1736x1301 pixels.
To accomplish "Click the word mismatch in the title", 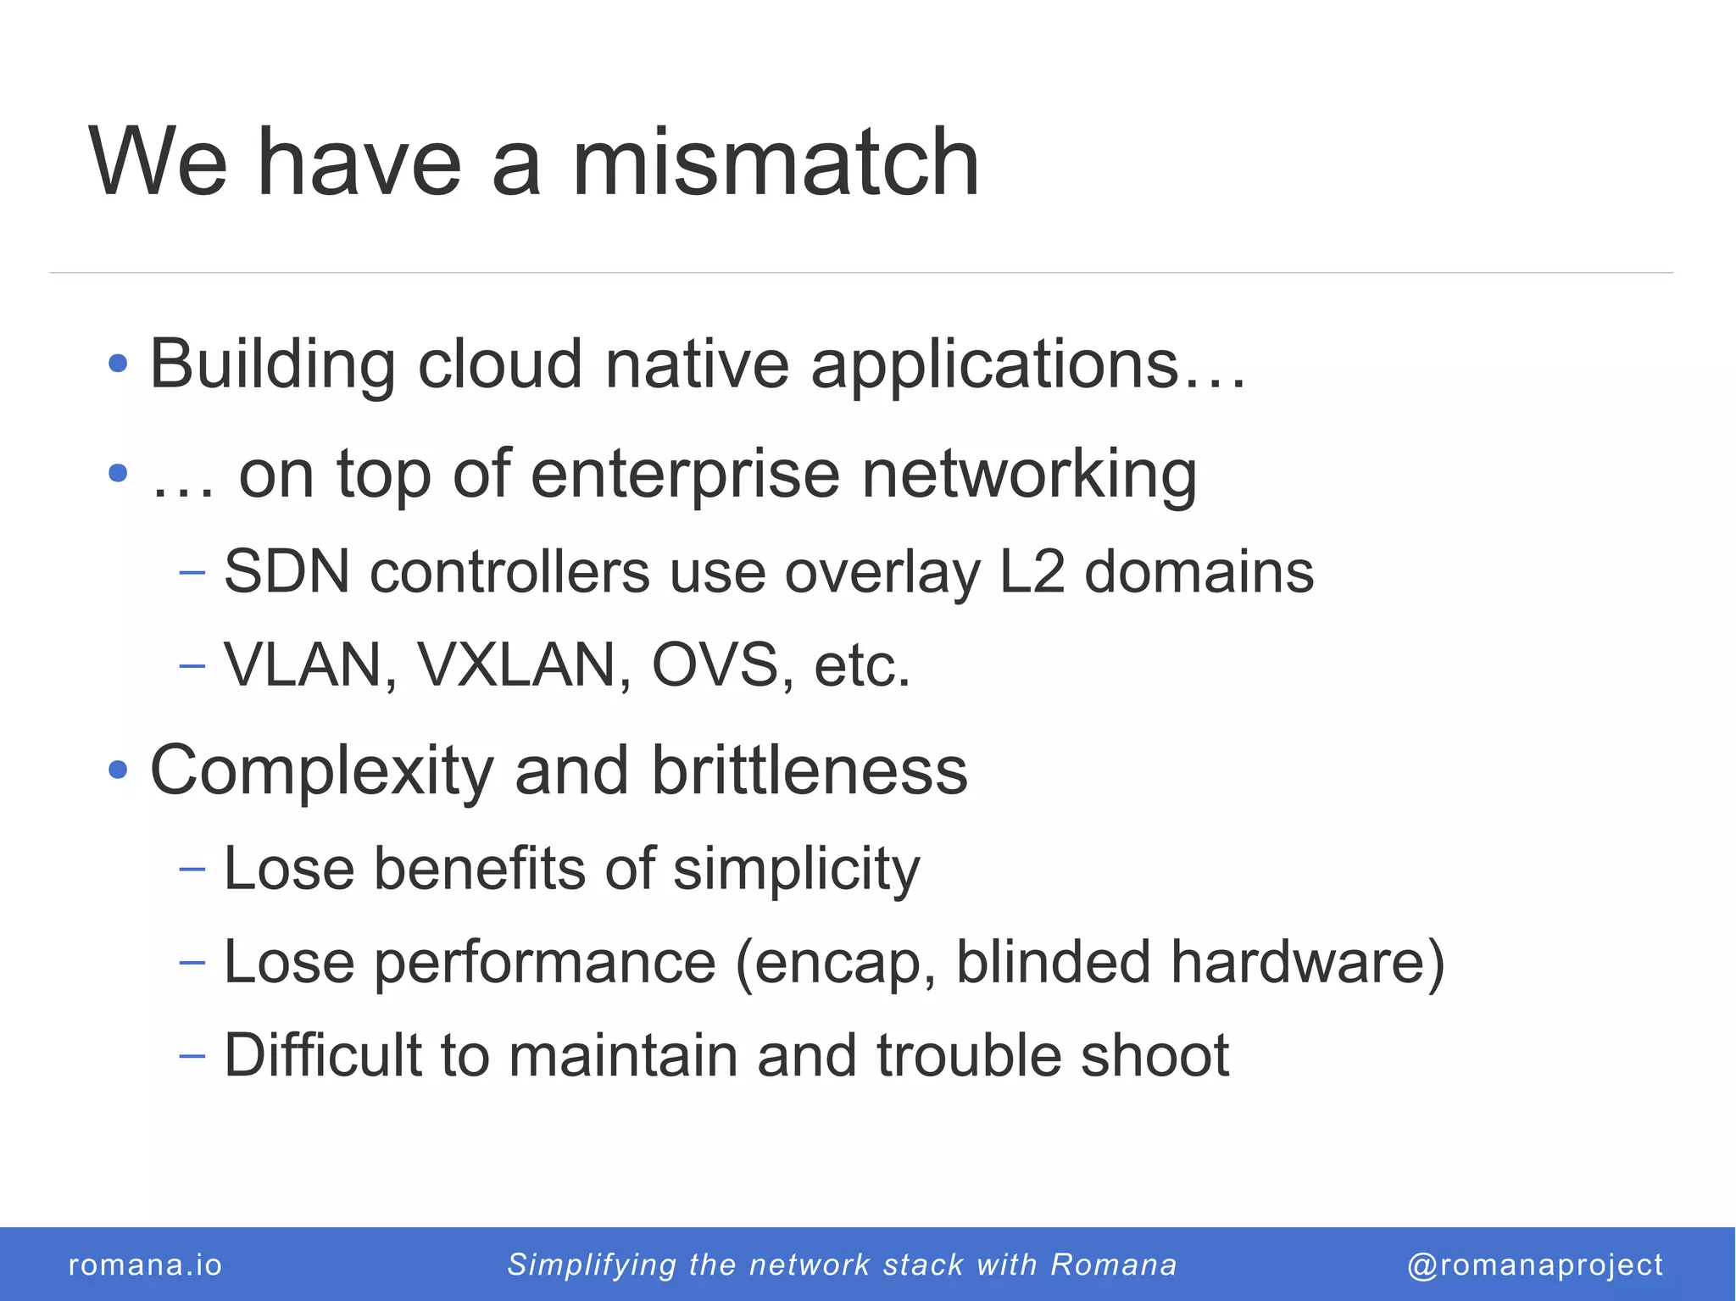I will coord(775,163).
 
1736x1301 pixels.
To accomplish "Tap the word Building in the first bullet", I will coord(271,364).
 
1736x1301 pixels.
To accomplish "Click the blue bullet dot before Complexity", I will coord(118,770).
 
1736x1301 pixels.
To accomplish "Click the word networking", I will coord(1029,475).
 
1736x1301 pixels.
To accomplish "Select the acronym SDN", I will coord(286,572).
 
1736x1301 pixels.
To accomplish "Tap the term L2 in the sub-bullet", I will coord(1031,572).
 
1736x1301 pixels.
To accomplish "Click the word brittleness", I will coord(809,770).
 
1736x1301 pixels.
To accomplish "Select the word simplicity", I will coord(796,870).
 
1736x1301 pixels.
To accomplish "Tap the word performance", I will coord(545,964).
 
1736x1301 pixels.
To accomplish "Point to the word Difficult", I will coord(322,1056).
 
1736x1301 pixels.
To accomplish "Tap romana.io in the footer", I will coord(145,1265).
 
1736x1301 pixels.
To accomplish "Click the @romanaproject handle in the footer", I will coord(1534,1265).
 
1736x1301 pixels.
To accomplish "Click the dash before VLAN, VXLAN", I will coord(192,665).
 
